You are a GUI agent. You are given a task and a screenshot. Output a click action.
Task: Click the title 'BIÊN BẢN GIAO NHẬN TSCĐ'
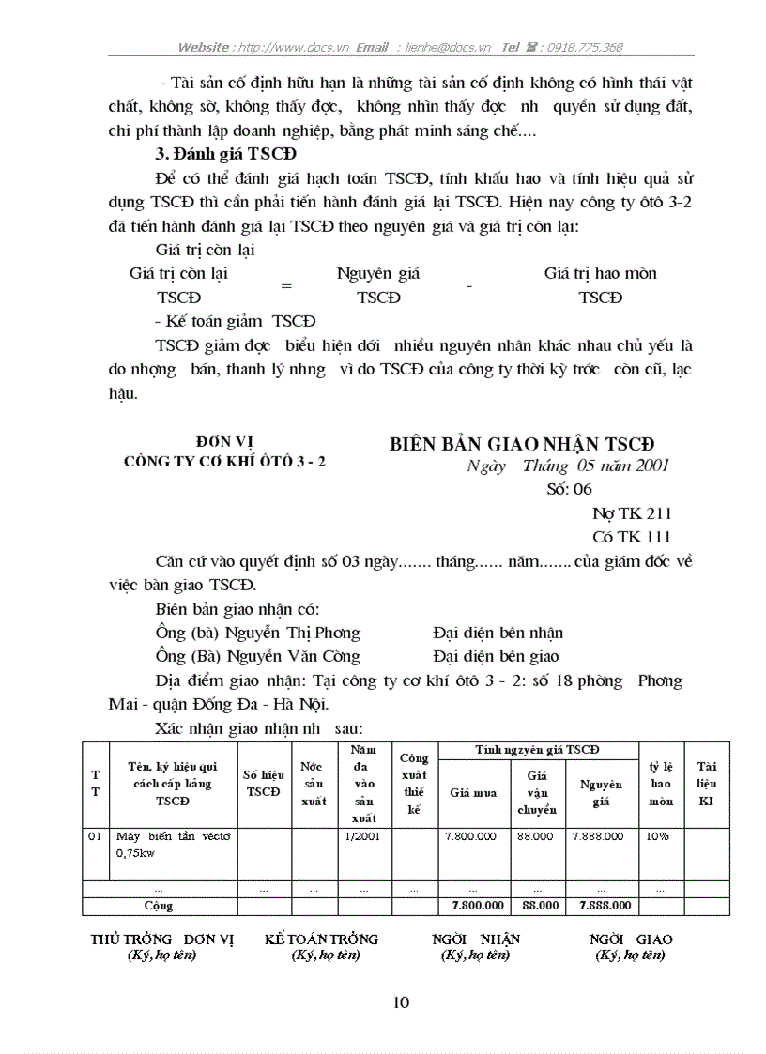(x=522, y=444)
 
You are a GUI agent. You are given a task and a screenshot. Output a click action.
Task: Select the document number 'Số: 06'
(x=569, y=489)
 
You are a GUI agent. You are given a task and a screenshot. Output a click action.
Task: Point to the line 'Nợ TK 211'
(x=632, y=513)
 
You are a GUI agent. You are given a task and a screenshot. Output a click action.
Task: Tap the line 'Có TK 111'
(x=632, y=537)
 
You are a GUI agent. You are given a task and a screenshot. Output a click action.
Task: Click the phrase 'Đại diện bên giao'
(x=496, y=657)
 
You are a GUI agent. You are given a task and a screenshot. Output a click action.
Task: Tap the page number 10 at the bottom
(x=401, y=1002)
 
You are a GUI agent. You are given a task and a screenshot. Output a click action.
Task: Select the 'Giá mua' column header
(x=473, y=792)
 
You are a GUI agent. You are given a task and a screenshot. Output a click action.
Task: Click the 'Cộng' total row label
(x=158, y=907)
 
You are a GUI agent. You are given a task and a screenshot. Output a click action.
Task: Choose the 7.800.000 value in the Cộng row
(x=473, y=907)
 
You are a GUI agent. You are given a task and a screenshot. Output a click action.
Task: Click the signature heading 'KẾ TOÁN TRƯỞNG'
(x=321, y=939)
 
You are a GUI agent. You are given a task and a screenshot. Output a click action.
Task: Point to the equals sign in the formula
(x=286, y=286)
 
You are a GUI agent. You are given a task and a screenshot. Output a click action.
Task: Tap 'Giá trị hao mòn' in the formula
(x=600, y=274)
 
